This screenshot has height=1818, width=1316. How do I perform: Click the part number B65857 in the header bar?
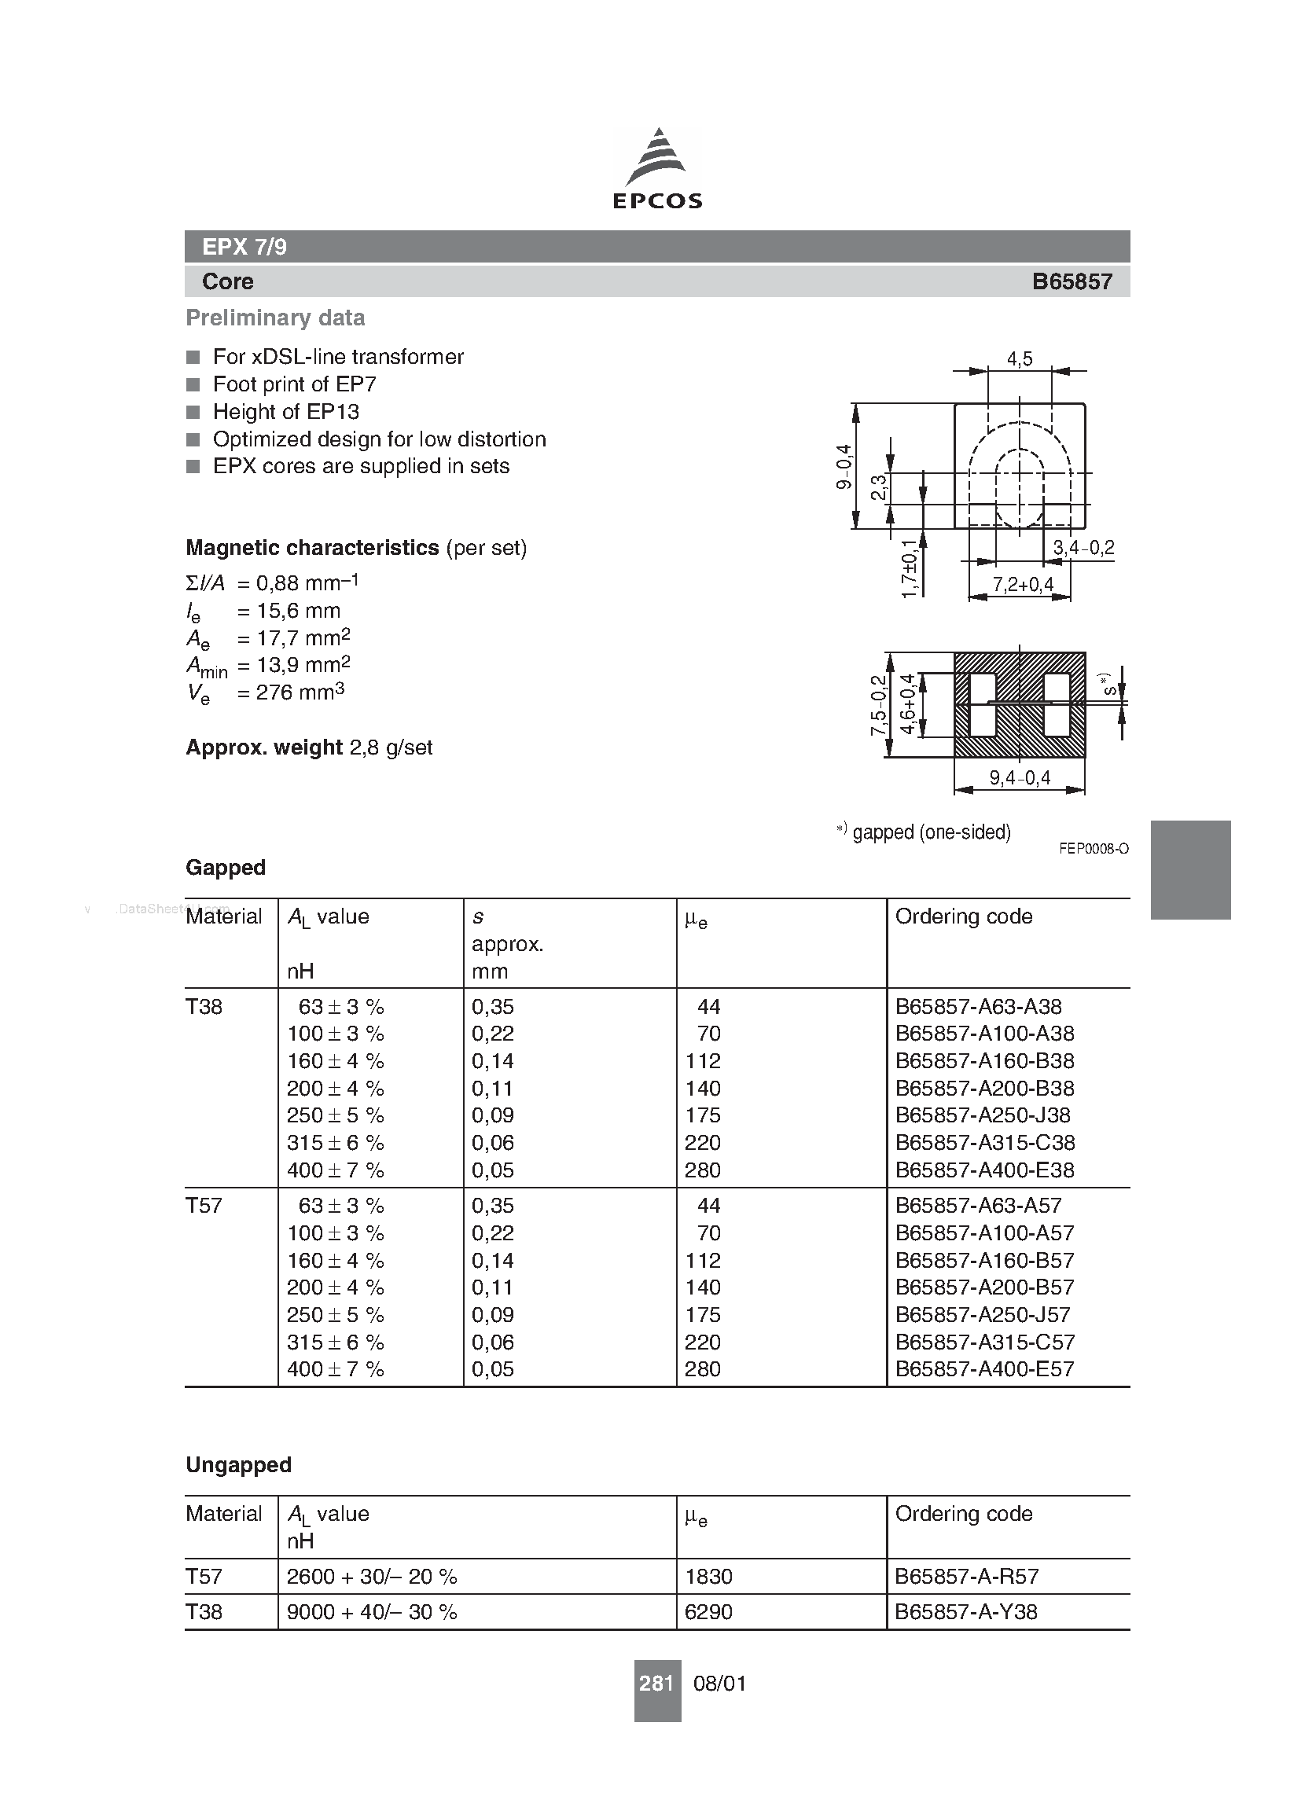tap(1072, 281)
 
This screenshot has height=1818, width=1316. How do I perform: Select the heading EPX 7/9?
tap(244, 247)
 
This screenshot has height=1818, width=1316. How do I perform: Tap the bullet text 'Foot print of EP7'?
tap(294, 384)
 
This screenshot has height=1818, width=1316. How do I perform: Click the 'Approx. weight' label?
tap(264, 747)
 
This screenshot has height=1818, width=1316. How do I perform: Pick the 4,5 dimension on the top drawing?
tap(1020, 359)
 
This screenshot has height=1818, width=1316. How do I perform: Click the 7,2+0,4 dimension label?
tap(1023, 584)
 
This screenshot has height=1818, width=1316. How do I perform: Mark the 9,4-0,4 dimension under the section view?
tap(1020, 777)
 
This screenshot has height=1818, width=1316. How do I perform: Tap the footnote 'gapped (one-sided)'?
tap(931, 832)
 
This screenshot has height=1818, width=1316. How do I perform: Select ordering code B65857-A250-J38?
tap(983, 1115)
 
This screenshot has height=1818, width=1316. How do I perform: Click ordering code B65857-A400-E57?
tap(984, 1368)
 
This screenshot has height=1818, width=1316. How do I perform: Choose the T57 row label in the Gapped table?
tap(204, 1206)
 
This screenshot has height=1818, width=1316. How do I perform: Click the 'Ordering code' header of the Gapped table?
tap(963, 916)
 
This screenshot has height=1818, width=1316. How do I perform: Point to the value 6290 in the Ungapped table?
tap(708, 1611)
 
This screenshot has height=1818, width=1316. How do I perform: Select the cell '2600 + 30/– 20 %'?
tap(371, 1576)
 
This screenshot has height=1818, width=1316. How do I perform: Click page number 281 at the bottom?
tap(656, 1683)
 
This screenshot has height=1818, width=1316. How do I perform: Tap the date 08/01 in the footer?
tap(719, 1684)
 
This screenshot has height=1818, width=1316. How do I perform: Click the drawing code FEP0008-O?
tap(1093, 848)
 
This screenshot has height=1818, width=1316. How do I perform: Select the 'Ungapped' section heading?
tap(238, 1464)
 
